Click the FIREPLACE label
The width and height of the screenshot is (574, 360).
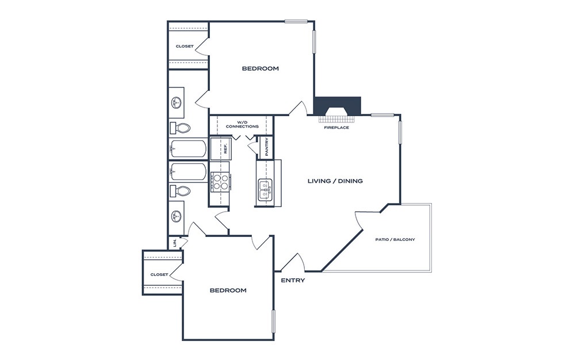(336, 128)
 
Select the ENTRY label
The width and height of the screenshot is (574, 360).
(293, 281)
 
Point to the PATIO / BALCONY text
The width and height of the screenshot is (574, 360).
(395, 240)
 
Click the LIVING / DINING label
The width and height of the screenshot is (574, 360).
(335, 181)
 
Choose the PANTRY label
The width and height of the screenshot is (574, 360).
(266, 147)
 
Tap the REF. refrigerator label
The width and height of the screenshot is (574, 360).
(226, 148)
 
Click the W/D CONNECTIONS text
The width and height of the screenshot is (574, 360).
(242, 124)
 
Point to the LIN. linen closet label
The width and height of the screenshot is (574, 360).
(175, 243)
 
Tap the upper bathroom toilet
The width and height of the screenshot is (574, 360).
(180, 128)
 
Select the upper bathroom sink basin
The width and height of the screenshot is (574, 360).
(177, 102)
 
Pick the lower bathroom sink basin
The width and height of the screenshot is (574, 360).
(177, 217)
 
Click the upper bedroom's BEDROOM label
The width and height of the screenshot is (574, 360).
(261, 68)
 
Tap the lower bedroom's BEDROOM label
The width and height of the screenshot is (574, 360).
(228, 290)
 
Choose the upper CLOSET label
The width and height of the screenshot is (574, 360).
(185, 47)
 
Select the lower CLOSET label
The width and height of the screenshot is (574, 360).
(159, 275)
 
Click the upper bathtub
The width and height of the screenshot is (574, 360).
(188, 148)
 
